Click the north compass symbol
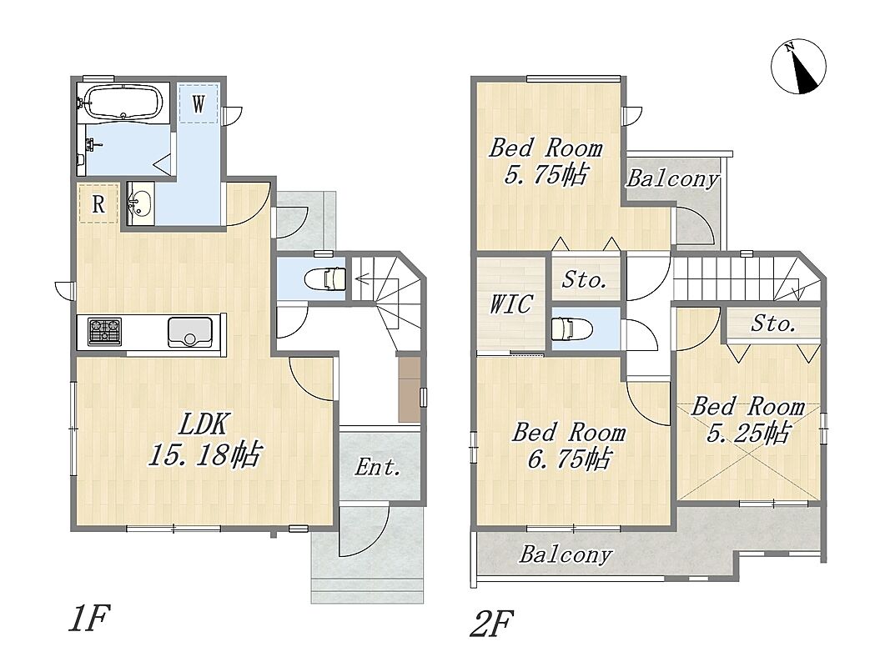coord(798,67)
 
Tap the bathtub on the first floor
coord(123,102)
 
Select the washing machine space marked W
coord(198,103)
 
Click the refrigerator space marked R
coord(98,203)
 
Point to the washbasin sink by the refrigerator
coord(139,204)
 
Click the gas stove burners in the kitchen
coord(104,332)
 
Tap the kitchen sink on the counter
coord(190,333)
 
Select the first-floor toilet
coord(325,279)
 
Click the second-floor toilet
coord(572,328)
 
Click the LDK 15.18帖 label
coord(205,439)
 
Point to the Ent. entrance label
coord(378,468)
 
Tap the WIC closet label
coord(511,304)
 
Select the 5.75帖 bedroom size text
coord(546,175)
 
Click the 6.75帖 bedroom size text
coord(570,459)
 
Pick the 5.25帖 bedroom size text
coord(748,433)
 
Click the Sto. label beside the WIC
coord(585,279)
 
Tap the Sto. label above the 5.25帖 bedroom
coord(774,323)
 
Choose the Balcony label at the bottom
coord(566,554)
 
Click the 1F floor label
coord(88,618)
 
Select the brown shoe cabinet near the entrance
coord(409,389)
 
